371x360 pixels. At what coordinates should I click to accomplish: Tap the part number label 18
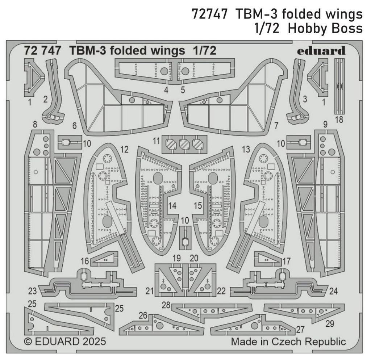point(339,120)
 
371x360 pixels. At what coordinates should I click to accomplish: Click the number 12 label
point(125,149)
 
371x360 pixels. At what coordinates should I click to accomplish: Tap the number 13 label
point(246,149)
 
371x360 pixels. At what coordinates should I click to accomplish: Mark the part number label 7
point(276,126)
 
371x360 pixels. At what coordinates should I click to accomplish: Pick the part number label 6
point(74,126)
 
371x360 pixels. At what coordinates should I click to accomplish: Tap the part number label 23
point(33,291)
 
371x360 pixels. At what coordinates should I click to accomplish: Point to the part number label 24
point(333,291)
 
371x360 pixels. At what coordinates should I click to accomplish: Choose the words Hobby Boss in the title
point(325,28)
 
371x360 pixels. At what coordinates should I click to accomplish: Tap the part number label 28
point(166,305)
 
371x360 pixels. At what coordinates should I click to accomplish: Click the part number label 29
point(329,324)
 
